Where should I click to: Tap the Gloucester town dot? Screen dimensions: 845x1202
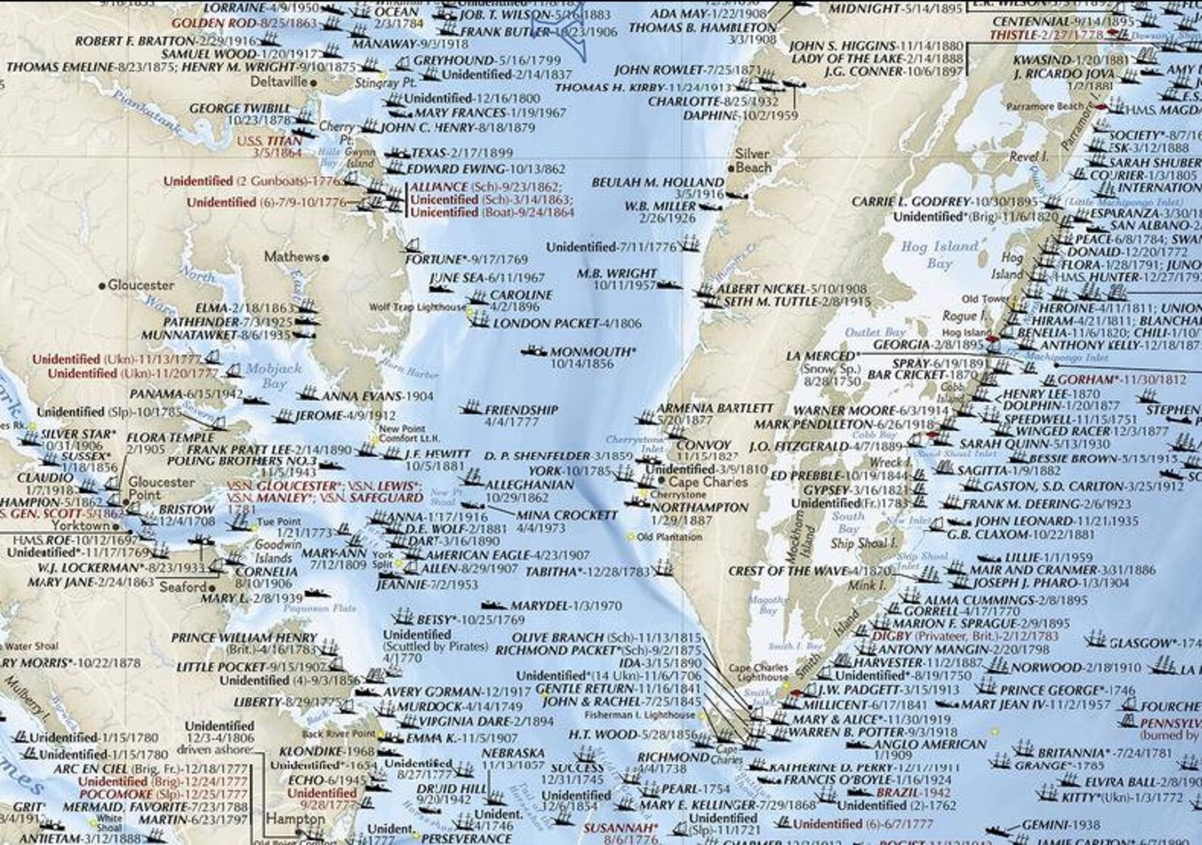tap(102, 286)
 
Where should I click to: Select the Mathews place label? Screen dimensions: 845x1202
tap(291, 257)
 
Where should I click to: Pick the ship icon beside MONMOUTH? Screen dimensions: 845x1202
tap(534, 352)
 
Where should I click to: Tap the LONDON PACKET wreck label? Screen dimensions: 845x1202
tap(567, 324)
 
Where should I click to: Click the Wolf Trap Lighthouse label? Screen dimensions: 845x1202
tap(418, 307)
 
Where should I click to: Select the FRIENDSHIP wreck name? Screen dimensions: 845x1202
tap(521, 409)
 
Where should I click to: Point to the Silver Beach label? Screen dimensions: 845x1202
tap(752, 160)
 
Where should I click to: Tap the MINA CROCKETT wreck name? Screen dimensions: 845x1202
tap(567, 515)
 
